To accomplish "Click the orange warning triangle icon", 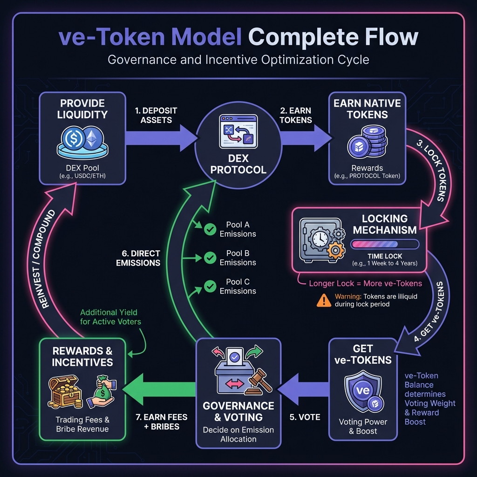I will (x=323, y=300).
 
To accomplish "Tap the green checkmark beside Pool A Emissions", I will (x=210, y=229).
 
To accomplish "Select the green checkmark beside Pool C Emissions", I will (x=210, y=286).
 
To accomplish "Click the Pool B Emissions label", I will (x=238, y=258).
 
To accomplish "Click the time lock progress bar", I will (x=385, y=244).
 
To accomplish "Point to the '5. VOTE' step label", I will (x=305, y=417).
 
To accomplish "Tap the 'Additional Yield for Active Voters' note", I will (x=110, y=317).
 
